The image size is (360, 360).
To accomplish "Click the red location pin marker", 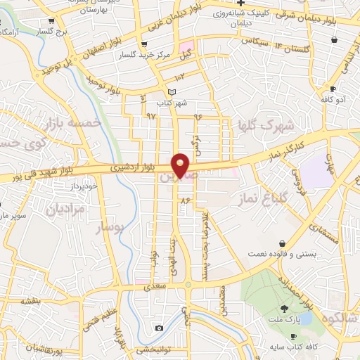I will tap(181, 165).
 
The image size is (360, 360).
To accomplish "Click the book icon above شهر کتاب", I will tap(173, 92).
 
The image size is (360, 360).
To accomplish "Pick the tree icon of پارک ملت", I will tap(285, 309).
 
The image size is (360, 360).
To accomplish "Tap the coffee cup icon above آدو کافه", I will tap(333, 89).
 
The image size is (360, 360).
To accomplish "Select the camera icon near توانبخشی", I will tap(160, 328).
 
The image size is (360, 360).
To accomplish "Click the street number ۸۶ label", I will tap(186, 201).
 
